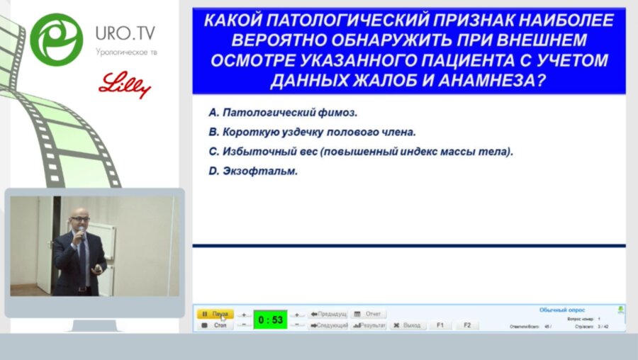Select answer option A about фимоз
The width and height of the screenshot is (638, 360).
[284, 113]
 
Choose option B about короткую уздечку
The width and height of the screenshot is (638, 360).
[312, 132]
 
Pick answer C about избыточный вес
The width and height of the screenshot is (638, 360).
[361, 151]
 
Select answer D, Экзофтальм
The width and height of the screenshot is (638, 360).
[253, 171]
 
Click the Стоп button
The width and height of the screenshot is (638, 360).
[215, 325]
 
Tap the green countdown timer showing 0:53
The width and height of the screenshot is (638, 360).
[270, 320]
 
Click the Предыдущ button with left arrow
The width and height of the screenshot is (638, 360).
[328, 314]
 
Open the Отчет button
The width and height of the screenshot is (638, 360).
[368, 314]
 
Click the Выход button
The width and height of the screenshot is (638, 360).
[406, 325]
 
